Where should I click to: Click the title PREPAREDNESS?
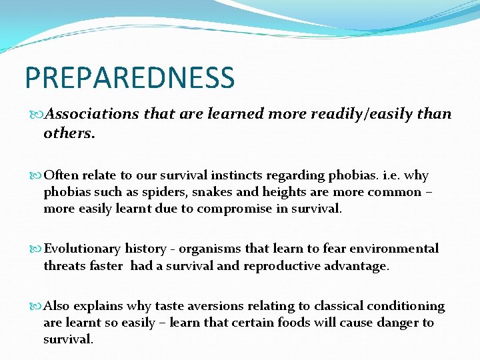click(x=130, y=77)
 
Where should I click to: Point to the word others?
click(x=69, y=133)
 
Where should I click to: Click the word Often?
click(x=60, y=175)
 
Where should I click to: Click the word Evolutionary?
click(x=82, y=249)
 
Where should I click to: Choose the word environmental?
click(x=399, y=249)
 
